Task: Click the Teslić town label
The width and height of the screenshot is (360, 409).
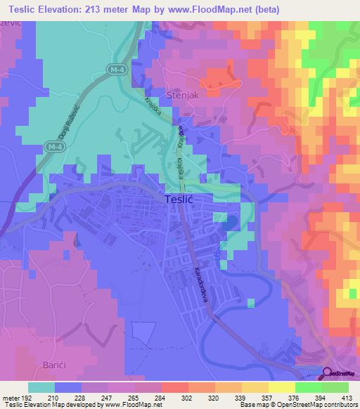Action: (179, 199)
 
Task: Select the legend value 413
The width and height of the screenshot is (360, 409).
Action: (348, 396)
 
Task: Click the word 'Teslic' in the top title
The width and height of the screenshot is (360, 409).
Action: (25, 10)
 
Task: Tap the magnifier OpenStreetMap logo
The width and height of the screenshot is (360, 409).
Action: (328, 375)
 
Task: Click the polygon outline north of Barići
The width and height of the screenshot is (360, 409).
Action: (143, 334)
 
